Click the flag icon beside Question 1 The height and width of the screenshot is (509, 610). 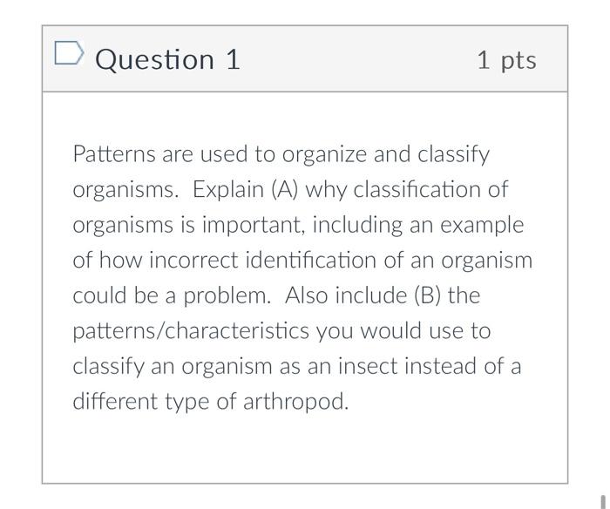(x=68, y=55)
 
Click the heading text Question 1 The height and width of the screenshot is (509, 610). (x=167, y=59)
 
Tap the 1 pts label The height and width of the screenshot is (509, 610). (x=506, y=60)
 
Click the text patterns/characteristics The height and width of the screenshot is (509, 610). (x=191, y=331)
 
